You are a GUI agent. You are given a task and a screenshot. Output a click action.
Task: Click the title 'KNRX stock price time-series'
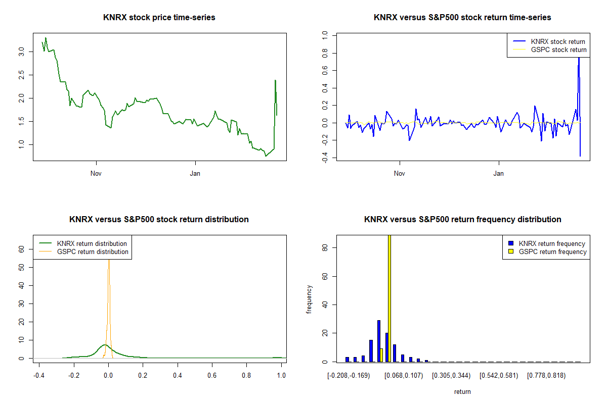click(x=159, y=18)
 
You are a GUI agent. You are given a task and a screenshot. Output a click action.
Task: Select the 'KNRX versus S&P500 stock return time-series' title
click(x=462, y=18)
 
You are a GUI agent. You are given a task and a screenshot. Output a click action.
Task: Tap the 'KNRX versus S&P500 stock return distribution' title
click(x=159, y=220)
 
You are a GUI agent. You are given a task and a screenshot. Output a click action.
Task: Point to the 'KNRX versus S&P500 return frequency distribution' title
click(x=462, y=220)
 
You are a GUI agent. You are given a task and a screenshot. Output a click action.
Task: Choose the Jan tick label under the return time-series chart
click(x=499, y=174)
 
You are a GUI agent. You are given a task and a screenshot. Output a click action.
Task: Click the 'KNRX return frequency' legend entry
click(x=552, y=243)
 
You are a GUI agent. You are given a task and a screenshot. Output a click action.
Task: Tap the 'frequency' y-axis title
click(x=309, y=299)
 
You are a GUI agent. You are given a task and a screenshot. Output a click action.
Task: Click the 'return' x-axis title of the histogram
click(x=462, y=391)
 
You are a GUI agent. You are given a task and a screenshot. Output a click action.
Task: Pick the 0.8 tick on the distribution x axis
click(x=246, y=376)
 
